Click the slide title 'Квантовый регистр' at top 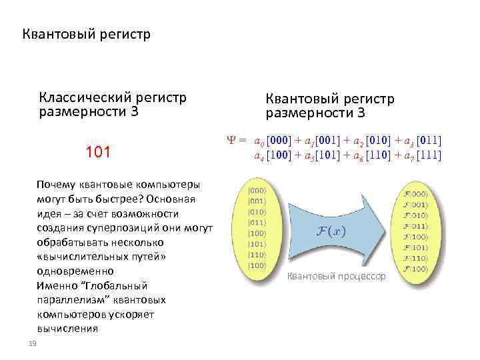87,33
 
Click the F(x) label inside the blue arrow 331,230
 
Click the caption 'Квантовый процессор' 336,276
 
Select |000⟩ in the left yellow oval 257,189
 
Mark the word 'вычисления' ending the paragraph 67,328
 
